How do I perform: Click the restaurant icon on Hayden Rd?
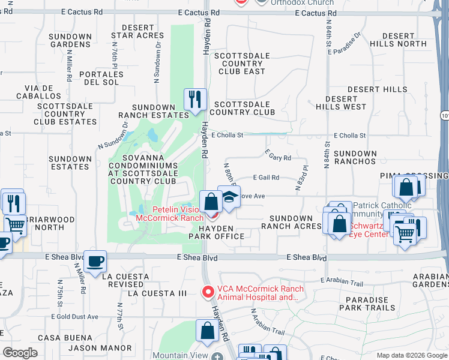tap(195, 99)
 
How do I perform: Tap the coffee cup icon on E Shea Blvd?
tap(95, 261)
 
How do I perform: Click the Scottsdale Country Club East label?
tap(240, 64)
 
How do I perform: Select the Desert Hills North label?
tap(398, 40)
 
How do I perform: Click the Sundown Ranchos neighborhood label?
tap(355, 157)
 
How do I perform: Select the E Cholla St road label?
tap(227, 135)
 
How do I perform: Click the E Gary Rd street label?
tap(279, 158)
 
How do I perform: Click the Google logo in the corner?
tap(20, 353)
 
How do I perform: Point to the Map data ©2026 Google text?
tap(411, 355)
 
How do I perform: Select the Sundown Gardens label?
tap(70, 40)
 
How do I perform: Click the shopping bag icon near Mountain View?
tap(207, 329)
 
